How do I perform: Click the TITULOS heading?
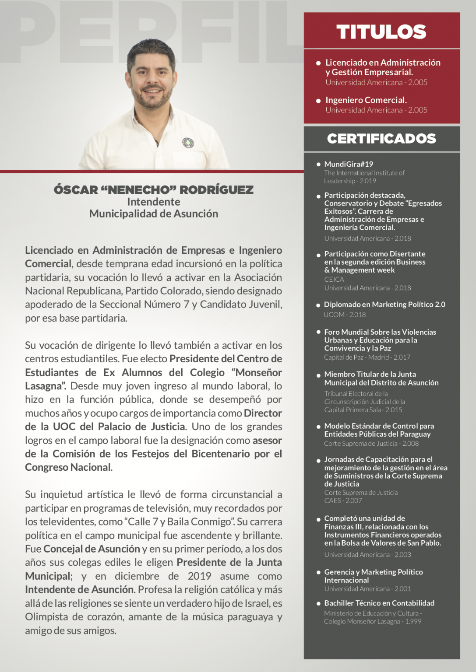381,32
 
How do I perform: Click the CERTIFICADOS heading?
381,139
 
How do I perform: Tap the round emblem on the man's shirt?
188,142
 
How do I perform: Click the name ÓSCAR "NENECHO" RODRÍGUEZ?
154,190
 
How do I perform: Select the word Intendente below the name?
154,202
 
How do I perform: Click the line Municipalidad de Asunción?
154,213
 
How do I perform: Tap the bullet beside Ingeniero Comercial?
318,101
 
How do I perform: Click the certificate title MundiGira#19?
349,164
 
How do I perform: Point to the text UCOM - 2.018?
345,315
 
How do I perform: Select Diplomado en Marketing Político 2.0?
384,304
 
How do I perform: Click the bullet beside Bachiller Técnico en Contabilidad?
318,604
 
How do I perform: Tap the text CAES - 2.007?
343,500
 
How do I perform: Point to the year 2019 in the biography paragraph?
199,576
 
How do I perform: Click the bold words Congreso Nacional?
68,467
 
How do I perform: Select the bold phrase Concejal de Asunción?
92,549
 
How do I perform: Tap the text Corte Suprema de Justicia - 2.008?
371,443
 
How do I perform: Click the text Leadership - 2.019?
350,181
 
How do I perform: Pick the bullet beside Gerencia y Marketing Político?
318,573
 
